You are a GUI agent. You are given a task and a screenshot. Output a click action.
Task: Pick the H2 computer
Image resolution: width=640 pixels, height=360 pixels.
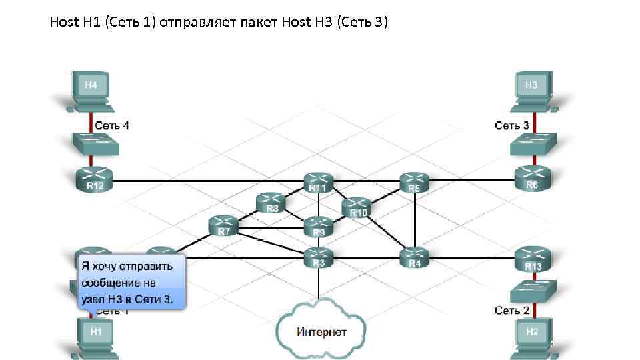532,334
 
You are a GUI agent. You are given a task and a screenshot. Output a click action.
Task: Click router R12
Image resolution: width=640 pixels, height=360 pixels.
94,179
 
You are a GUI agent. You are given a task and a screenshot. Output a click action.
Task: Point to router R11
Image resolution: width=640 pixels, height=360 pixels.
319,182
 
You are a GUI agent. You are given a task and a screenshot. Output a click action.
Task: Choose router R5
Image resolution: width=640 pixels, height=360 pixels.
415,182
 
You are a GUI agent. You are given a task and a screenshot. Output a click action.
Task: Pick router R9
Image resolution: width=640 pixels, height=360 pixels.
319,227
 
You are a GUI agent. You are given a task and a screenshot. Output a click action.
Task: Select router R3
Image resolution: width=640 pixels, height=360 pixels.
319,257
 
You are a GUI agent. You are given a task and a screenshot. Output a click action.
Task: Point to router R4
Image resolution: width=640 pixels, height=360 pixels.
415,257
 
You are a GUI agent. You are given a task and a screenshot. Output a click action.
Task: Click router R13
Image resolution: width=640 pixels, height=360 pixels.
532,259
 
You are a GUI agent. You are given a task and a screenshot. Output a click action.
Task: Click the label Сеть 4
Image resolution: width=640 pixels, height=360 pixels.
112,125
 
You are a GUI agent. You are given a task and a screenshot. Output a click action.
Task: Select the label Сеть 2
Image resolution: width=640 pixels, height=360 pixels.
511,310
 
